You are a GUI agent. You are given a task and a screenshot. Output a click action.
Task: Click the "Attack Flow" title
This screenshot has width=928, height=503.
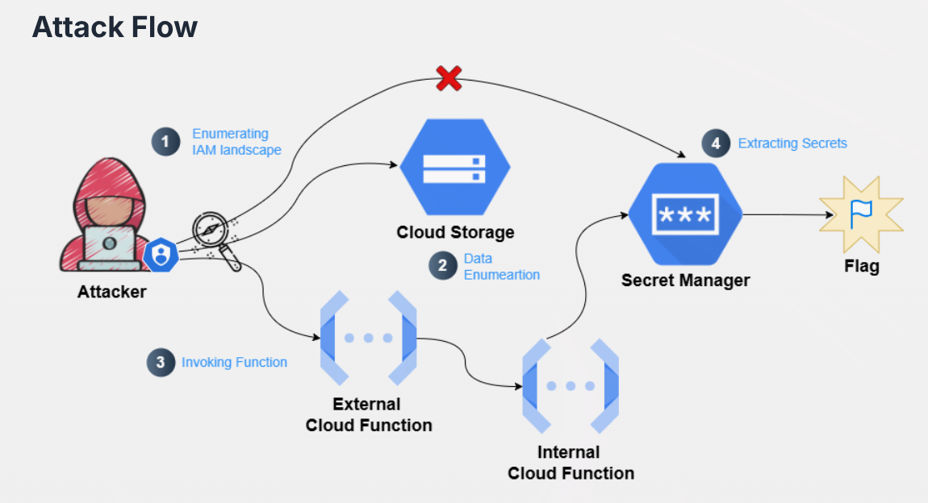115,27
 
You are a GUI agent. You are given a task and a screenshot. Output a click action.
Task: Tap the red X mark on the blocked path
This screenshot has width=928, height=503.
449,78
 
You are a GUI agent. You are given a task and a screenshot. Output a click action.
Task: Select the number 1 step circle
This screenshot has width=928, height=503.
165,142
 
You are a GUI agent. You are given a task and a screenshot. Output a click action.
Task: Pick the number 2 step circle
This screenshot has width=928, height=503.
442,267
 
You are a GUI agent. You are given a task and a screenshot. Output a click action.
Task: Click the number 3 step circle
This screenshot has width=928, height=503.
161,363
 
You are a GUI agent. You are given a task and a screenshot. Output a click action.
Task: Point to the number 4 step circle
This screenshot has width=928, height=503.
715,143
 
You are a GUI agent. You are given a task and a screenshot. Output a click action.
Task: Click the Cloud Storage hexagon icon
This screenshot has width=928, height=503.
455,168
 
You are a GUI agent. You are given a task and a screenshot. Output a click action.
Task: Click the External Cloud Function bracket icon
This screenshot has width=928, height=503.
368,338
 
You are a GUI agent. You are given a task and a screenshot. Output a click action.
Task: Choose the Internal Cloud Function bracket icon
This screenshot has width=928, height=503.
570,386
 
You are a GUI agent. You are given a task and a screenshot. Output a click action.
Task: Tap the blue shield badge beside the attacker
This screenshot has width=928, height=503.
161,256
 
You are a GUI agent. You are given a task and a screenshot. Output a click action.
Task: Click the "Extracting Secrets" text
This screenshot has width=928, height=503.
792,143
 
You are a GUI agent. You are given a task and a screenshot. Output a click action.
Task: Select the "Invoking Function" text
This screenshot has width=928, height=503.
234,363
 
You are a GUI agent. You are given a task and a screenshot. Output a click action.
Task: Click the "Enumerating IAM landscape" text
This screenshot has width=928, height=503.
236,142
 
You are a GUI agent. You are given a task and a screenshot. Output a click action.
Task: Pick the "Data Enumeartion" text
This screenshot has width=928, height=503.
501,267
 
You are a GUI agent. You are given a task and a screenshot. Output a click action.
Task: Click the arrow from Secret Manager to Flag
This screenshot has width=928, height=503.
787,215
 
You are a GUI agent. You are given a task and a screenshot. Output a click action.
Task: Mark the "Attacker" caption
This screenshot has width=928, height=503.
111,292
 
